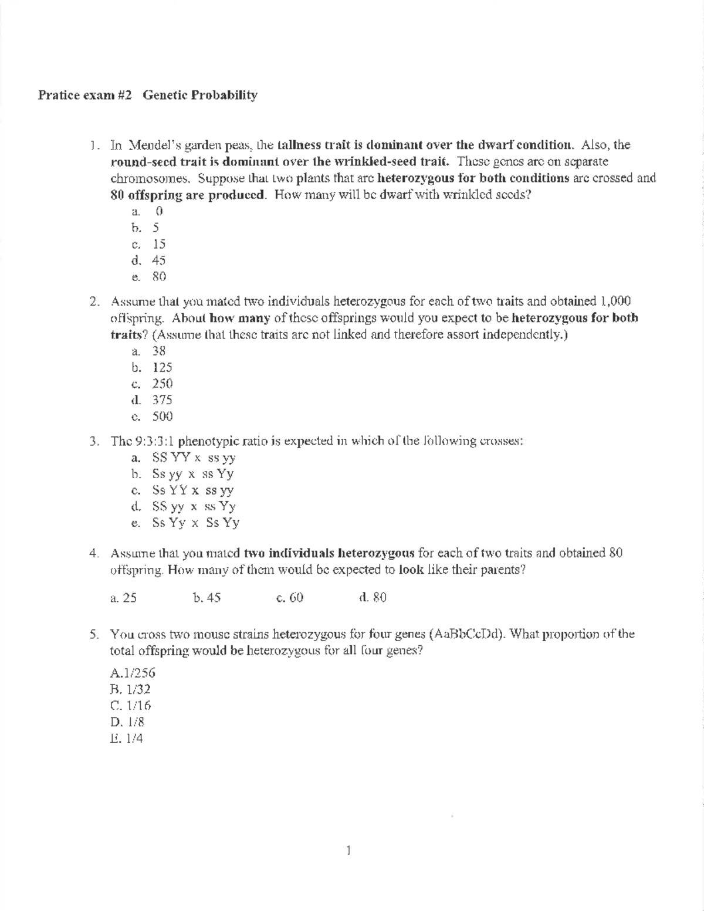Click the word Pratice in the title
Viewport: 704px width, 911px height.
pos(56,94)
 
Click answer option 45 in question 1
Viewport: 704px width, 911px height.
pos(158,260)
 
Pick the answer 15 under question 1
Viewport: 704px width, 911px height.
pos(158,243)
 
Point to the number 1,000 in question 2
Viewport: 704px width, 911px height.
pos(615,302)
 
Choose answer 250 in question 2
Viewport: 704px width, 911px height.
pos(162,384)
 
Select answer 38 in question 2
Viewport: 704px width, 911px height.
pos(158,351)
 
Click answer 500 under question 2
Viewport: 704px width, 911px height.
pos(162,416)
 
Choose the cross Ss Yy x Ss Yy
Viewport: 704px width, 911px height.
pos(195,523)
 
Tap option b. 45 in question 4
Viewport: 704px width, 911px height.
pos(207,598)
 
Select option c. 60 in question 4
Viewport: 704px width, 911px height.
pos(289,598)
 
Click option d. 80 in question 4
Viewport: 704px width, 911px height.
pos(372,598)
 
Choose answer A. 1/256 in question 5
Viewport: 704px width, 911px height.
pos(133,673)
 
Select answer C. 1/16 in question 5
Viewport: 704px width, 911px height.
pos(130,706)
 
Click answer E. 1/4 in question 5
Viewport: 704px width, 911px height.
pos(126,739)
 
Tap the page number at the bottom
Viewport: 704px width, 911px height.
pos(348,849)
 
